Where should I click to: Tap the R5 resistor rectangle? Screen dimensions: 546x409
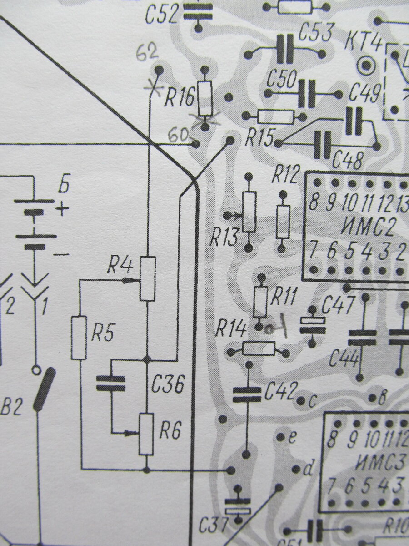pos(79,337)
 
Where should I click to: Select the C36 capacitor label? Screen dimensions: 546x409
pos(168,385)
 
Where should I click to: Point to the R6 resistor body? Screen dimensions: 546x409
pos(146,434)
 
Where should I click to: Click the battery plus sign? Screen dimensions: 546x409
pos(62,209)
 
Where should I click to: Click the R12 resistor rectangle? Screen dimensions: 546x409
pos(283,221)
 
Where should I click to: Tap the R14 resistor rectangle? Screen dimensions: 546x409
pos(258,349)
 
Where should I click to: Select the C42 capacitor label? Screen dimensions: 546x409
pos(280,391)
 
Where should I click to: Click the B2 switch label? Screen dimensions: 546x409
pos(11,408)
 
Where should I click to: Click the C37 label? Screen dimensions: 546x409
pos(213,526)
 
